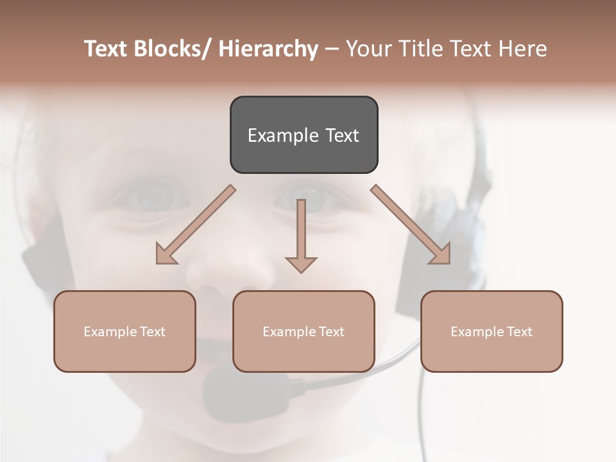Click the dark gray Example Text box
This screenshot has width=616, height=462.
click(x=304, y=135)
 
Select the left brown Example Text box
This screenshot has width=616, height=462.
click(x=124, y=331)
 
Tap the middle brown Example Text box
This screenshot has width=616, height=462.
click(x=304, y=331)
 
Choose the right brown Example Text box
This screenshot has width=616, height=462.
click(x=492, y=331)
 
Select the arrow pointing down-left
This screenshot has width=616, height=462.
click(x=196, y=225)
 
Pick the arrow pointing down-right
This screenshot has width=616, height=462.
click(x=411, y=225)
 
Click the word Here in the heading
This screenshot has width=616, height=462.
click(x=522, y=49)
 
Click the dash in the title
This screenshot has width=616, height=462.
click(x=332, y=49)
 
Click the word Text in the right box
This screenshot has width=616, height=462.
click(x=518, y=331)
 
